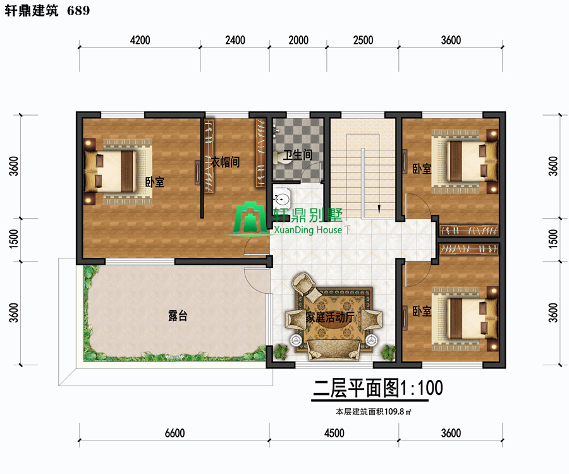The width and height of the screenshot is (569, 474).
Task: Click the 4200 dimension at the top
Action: click(140, 40)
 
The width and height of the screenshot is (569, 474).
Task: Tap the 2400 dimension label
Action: click(235, 40)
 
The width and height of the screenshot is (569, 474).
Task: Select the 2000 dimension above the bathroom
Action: click(298, 40)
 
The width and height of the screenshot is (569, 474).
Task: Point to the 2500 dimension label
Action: click(364, 40)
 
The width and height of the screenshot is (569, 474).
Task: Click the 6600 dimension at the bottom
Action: click(174, 433)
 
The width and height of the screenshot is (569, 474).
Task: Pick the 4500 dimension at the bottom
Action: click(334, 433)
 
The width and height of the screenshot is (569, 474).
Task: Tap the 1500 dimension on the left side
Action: click(13, 239)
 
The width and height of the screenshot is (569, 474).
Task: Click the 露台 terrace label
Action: click(178, 315)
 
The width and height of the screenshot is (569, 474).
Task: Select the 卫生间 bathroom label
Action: click(298, 155)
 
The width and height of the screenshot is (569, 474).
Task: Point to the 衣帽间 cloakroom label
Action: click(225, 162)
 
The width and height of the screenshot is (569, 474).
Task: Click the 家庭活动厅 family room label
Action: click(330, 317)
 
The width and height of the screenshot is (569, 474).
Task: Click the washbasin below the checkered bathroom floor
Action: click(282, 198)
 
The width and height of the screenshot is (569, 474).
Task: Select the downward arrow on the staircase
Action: click(379, 209)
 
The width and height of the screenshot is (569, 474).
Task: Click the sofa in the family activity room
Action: click(333, 350)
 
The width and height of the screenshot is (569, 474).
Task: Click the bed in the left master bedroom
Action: click(116, 171)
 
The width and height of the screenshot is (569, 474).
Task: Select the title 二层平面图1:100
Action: click(378, 388)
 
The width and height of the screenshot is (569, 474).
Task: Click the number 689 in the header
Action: click(78, 11)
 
